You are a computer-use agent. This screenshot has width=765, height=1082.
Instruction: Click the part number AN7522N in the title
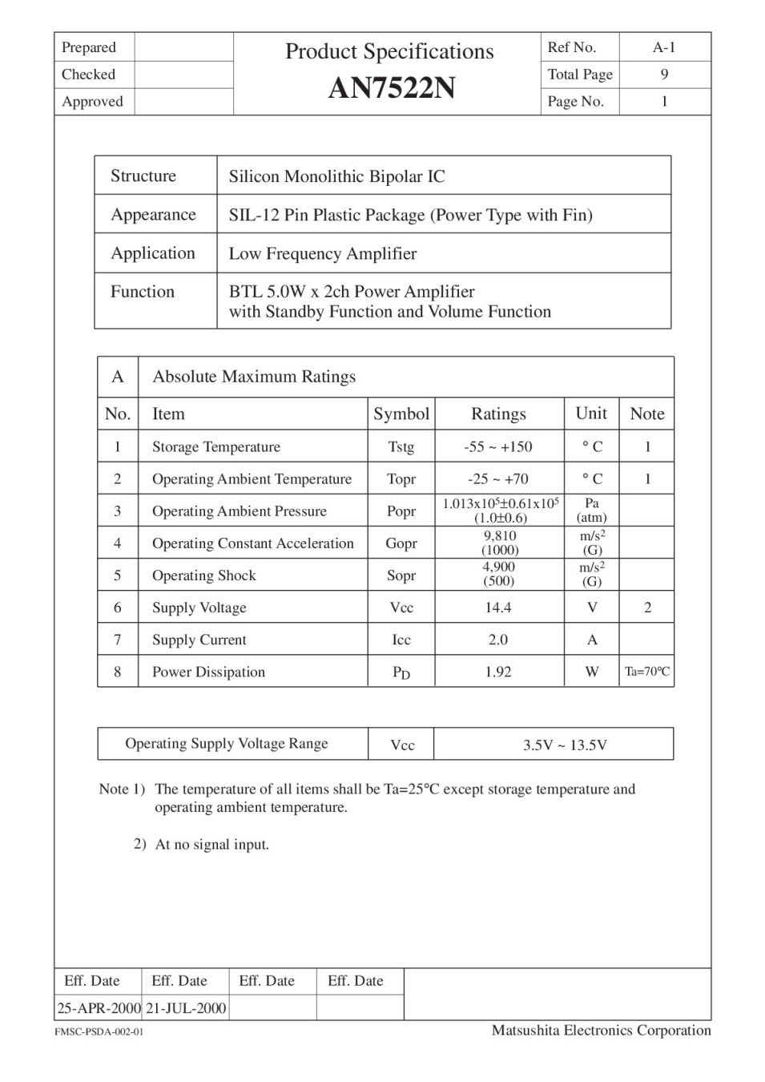392,88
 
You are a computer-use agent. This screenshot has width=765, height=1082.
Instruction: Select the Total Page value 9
664,75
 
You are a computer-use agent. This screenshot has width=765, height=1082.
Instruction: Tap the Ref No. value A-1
664,47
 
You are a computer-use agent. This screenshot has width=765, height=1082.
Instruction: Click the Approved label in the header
92,102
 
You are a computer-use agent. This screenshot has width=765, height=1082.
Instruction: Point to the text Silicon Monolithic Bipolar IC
336,176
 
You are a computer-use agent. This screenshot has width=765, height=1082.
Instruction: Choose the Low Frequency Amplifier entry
322,254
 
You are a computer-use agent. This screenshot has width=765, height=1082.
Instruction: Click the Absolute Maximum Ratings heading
254,377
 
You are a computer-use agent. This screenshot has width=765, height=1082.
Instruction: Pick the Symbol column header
401,414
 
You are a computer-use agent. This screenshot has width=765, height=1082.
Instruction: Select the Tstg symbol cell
401,447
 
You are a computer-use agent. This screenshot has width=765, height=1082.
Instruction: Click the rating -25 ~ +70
498,479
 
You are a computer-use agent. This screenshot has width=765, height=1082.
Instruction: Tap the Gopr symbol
401,543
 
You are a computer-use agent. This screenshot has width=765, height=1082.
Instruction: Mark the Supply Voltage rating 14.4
498,608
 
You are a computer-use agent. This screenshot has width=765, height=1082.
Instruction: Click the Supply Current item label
199,640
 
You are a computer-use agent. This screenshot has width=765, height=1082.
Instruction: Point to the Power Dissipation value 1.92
498,672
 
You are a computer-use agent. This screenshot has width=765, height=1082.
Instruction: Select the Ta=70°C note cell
647,672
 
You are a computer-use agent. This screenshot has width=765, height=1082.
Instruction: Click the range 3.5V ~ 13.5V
565,745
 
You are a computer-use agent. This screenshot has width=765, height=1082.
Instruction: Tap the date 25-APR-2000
99,1007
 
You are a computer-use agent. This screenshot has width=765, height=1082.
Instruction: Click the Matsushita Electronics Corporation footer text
601,1030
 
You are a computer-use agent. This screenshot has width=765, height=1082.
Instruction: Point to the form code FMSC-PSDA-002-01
99,1032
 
